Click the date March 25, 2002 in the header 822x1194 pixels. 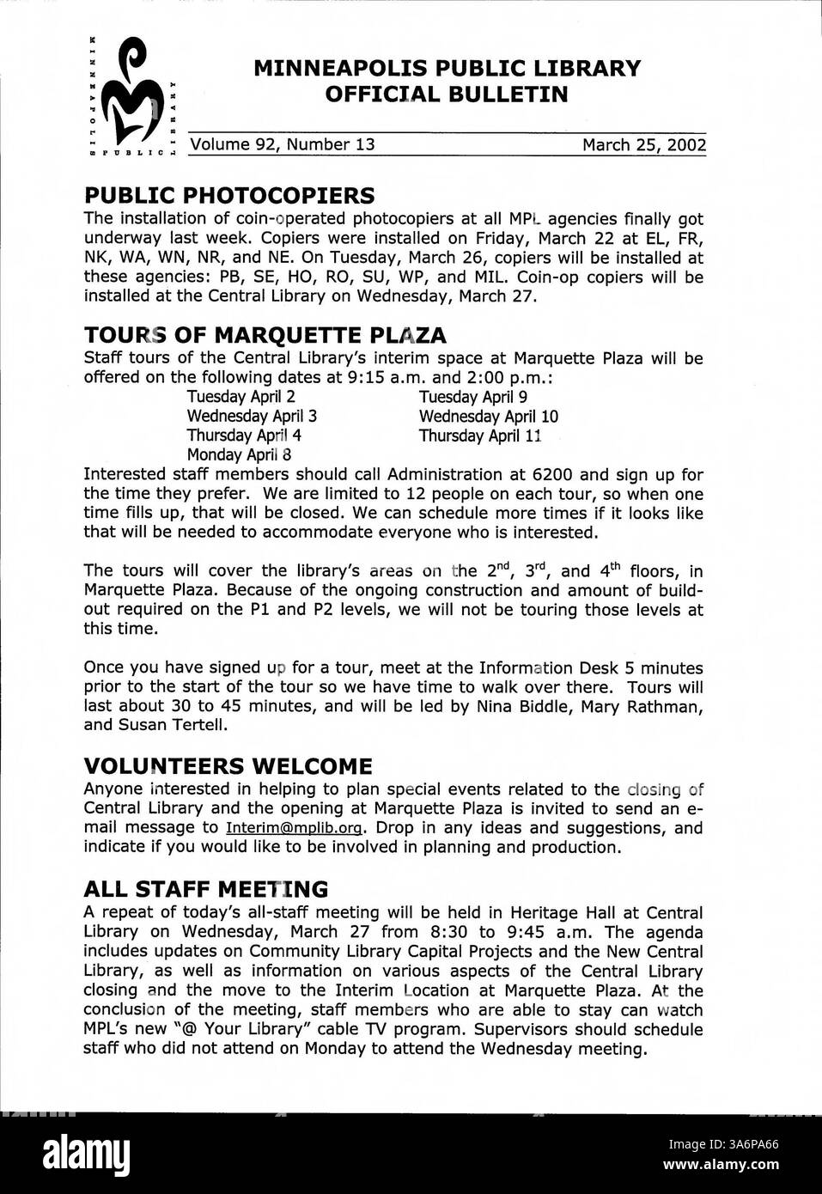tap(643, 144)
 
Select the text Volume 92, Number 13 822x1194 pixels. tap(283, 144)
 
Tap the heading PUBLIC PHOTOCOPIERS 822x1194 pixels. tap(228, 195)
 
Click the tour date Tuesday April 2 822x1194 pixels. tap(241, 397)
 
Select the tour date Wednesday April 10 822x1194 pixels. tap(488, 417)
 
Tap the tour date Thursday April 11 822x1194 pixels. tap(479, 436)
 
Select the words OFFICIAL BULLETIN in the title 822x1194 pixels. tap(447, 94)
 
